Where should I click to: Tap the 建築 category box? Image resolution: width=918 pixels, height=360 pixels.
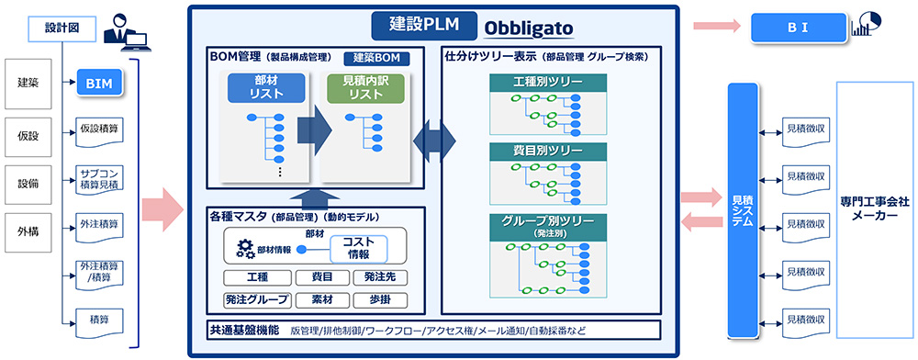click(x=28, y=83)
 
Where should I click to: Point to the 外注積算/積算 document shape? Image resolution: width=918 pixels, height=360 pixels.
click(x=99, y=272)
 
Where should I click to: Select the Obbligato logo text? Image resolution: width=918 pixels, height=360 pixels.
click(x=530, y=28)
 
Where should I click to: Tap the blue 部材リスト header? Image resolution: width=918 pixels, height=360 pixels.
click(x=265, y=88)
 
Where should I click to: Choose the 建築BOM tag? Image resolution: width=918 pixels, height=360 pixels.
click(x=375, y=58)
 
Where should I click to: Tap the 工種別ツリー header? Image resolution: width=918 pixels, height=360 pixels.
click(x=547, y=84)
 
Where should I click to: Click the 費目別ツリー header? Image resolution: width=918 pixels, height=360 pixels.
click(x=547, y=149)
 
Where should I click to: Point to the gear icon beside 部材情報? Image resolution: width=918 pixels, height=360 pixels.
click(x=245, y=248)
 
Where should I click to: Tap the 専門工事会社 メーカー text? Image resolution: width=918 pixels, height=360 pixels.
click(x=874, y=207)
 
